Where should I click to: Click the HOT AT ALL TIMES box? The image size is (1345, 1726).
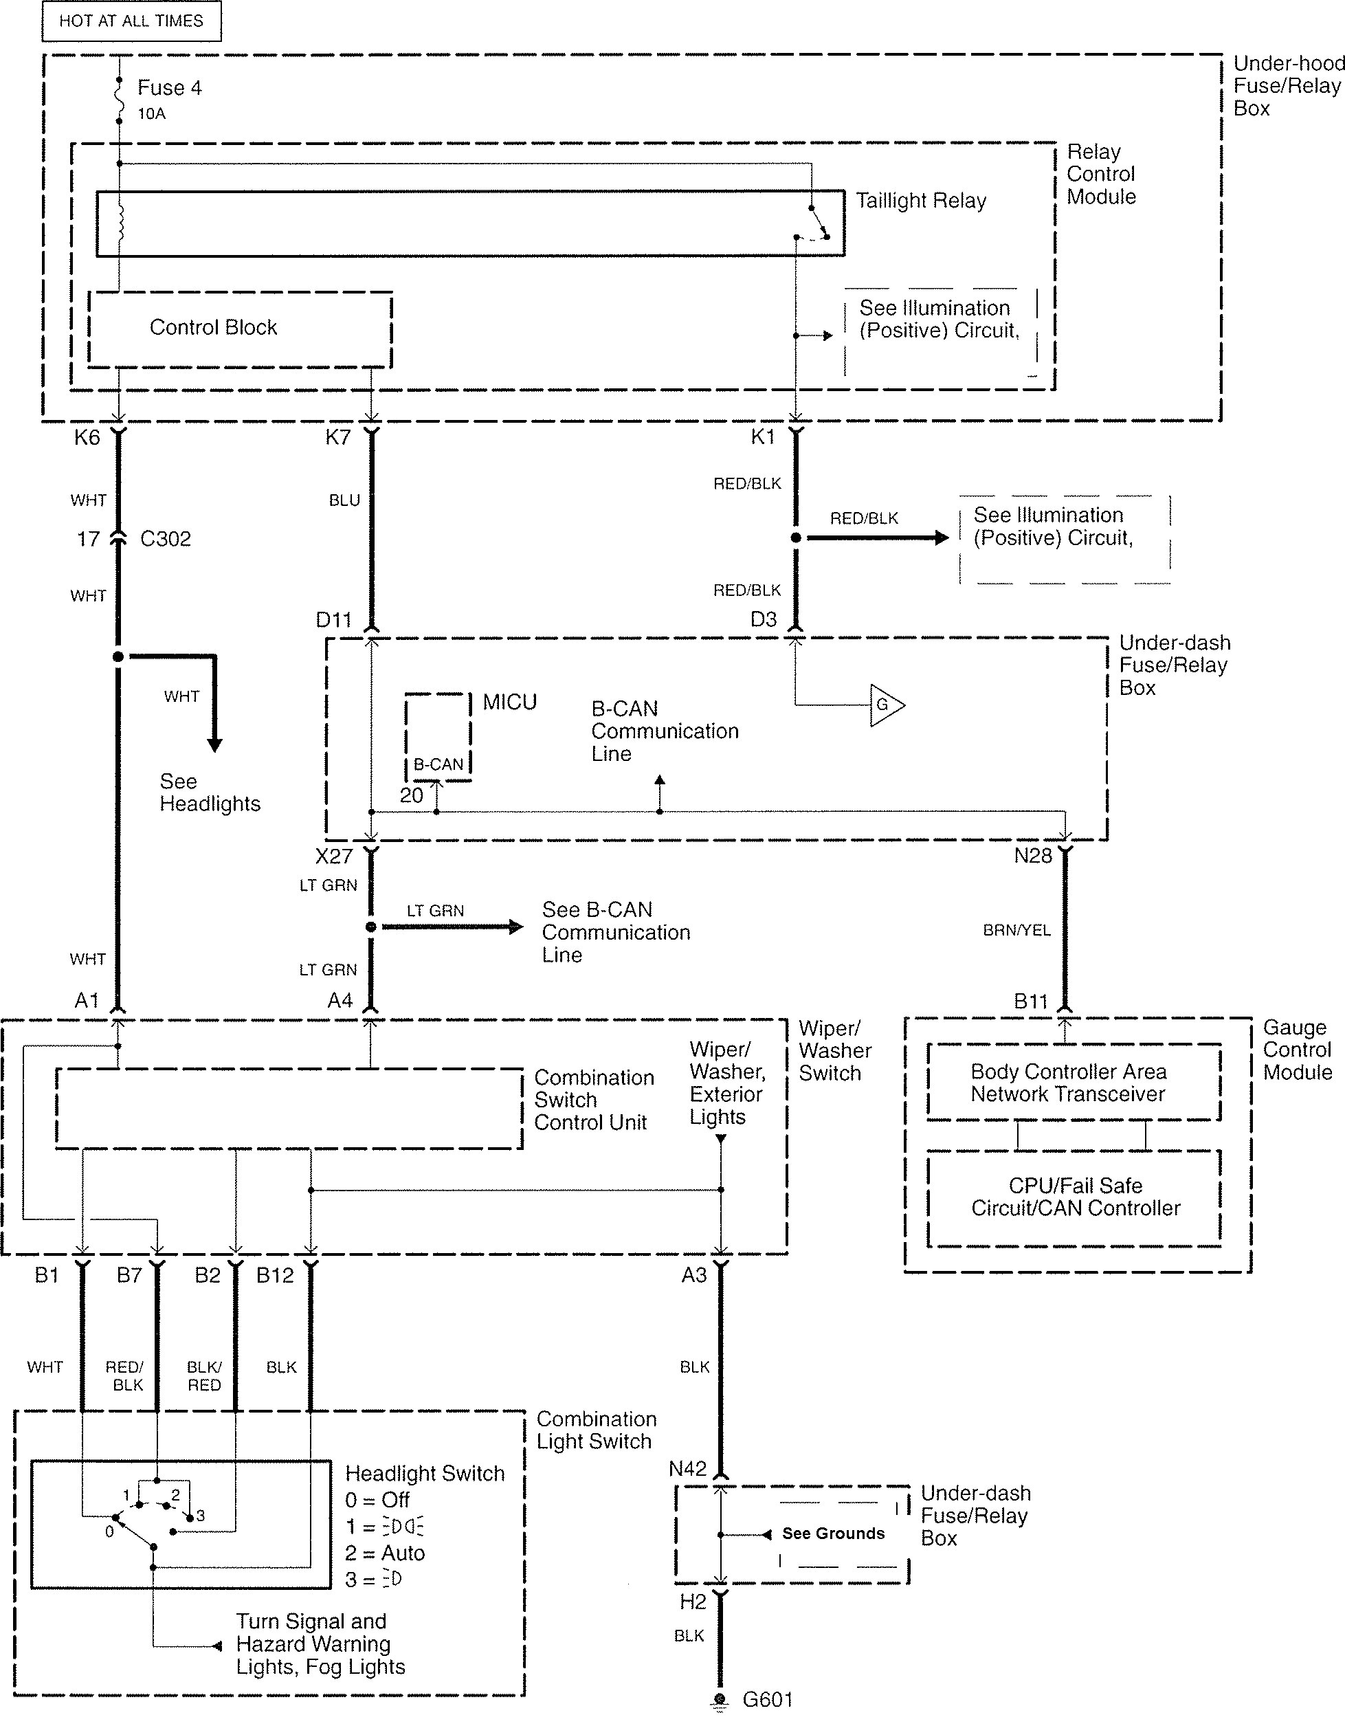[x=131, y=21]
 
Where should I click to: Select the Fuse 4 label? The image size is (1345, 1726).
[x=169, y=88]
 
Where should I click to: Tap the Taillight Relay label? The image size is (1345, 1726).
[x=922, y=201]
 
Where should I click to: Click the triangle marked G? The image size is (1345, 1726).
[x=887, y=705]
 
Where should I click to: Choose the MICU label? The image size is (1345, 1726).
[x=510, y=702]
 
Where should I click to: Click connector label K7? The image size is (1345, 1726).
[x=337, y=437]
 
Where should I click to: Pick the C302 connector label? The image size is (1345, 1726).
[x=165, y=539]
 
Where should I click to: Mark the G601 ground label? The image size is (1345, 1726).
[x=767, y=1699]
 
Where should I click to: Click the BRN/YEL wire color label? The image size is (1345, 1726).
[x=1016, y=930]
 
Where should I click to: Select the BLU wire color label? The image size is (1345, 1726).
[x=344, y=500]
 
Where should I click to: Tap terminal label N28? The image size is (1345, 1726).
[x=1033, y=856]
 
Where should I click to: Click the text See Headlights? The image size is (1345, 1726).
[x=210, y=793]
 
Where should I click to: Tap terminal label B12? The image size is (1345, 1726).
[x=275, y=1275]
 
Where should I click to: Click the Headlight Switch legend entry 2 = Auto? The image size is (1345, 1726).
[x=385, y=1553]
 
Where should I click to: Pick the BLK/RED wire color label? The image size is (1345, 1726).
[x=204, y=1376]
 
